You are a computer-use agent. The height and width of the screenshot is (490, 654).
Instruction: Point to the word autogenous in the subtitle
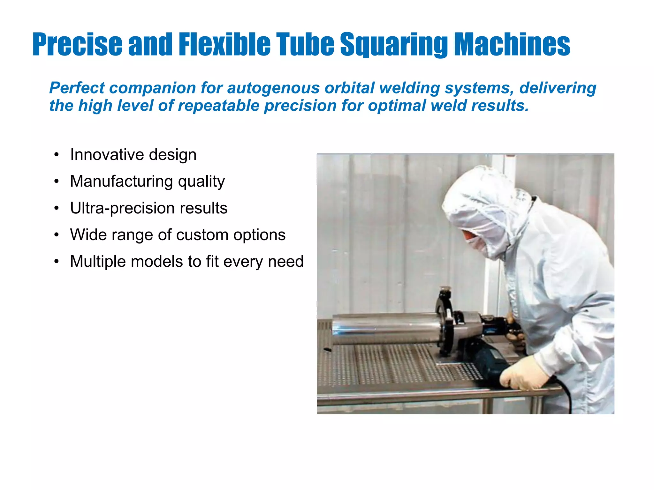pyautogui.click(x=273, y=88)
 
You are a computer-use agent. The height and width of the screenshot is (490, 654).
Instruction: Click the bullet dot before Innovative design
pyautogui.click(x=57, y=155)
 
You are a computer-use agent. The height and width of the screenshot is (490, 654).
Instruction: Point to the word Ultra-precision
pyautogui.click(x=122, y=208)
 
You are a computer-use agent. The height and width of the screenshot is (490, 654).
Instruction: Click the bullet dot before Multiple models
pyautogui.click(x=57, y=262)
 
